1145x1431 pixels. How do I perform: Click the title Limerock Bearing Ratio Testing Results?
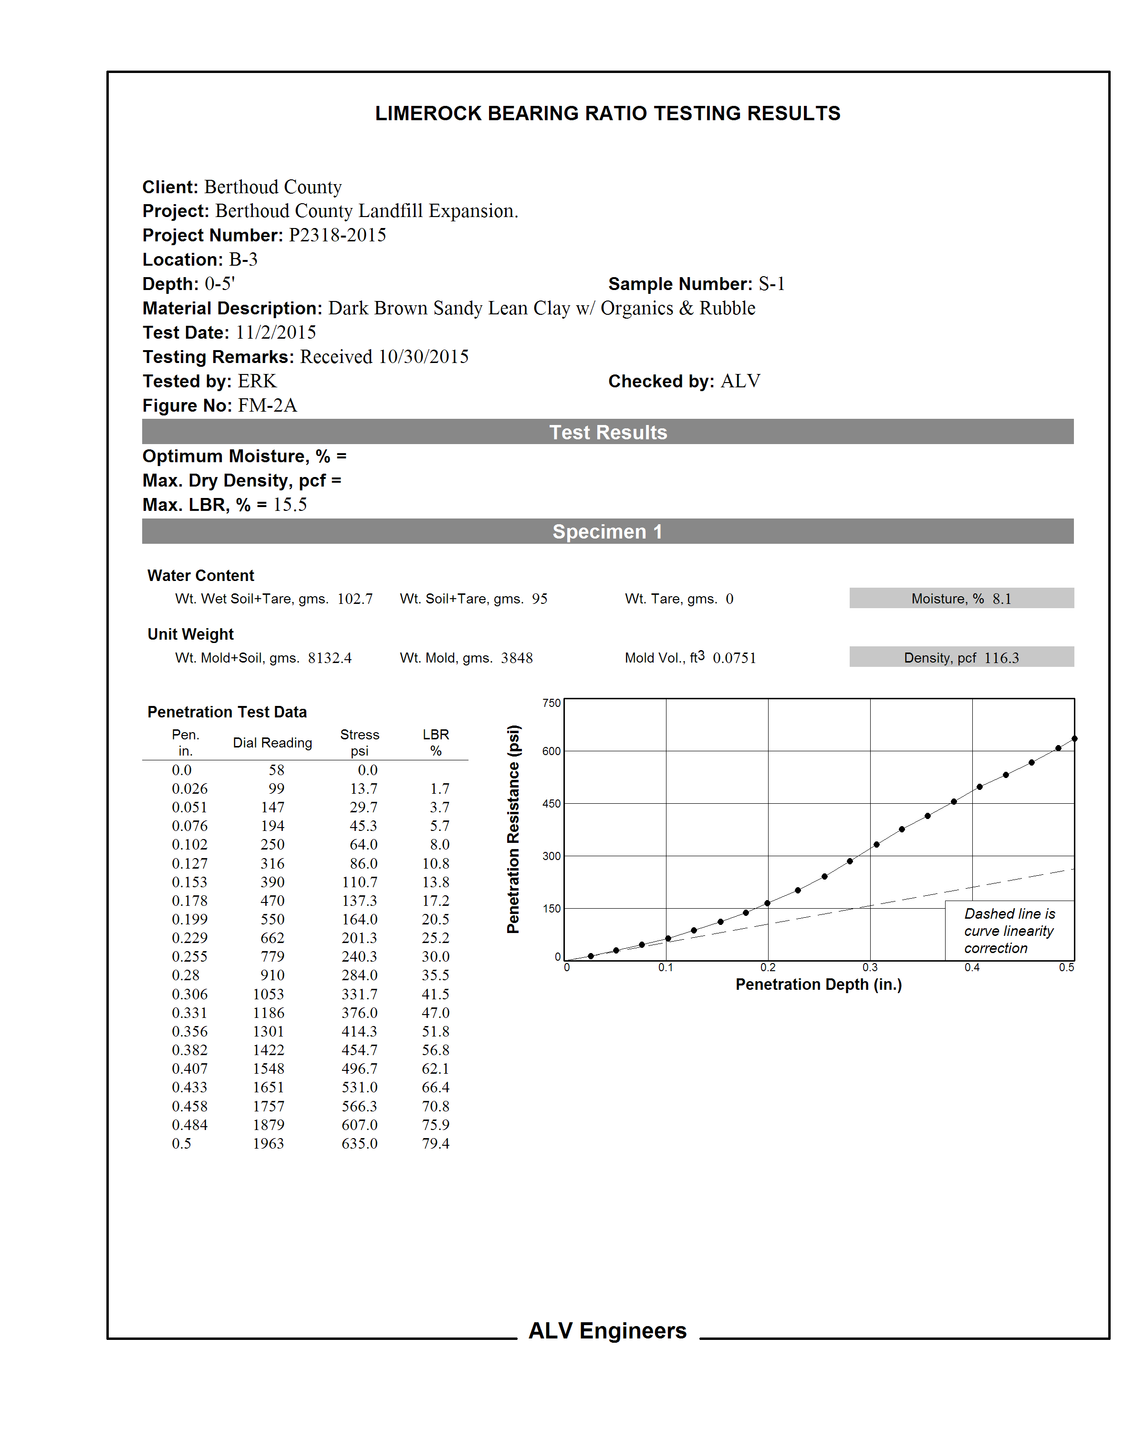[x=607, y=114]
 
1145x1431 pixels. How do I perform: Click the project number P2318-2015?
[x=337, y=235]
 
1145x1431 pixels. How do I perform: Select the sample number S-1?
[x=771, y=284]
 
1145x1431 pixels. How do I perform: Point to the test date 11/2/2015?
[x=275, y=332]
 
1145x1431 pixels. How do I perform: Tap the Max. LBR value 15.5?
[x=290, y=505]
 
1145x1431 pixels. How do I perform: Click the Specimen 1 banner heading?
[x=607, y=532]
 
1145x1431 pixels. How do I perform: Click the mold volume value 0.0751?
[x=734, y=658]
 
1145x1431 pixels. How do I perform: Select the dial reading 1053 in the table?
[x=268, y=994]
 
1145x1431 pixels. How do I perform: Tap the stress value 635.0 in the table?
[x=359, y=1143]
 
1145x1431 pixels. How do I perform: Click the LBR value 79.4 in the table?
[x=436, y=1143]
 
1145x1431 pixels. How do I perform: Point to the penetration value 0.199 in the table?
[x=189, y=919]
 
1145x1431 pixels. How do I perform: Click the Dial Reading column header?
[x=272, y=743]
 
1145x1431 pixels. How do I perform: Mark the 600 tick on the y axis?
[x=551, y=751]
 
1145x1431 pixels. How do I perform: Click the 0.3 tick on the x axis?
[x=870, y=968]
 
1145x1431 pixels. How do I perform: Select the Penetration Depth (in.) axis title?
[x=818, y=985]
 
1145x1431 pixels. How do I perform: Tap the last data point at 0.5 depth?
[x=1074, y=739]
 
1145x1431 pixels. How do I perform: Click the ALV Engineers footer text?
[x=607, y=1331]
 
